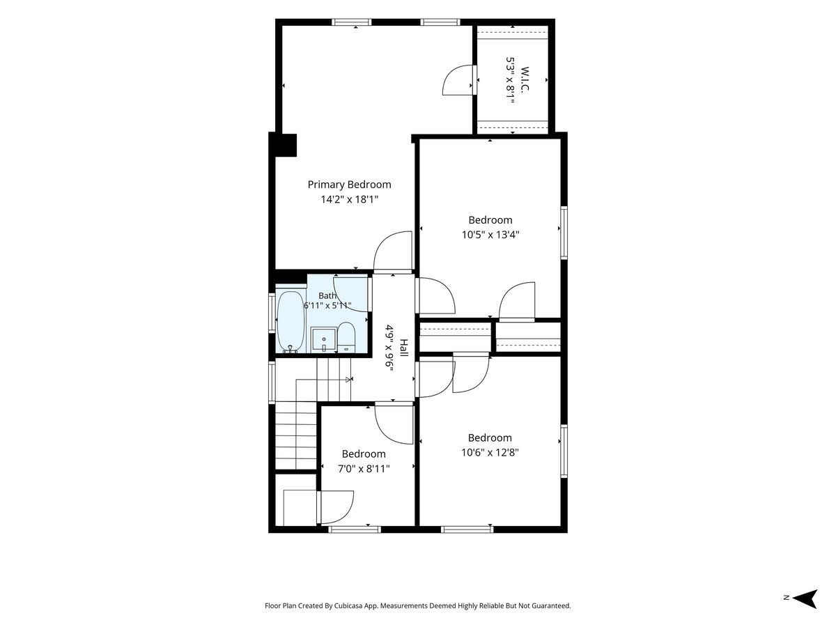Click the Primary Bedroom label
(x=349, y=185)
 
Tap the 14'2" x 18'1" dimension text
(x=349, y=199)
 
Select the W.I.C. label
(x=525, y=79)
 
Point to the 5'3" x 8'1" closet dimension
(x=510, y=80)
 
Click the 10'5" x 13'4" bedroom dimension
(x=490, y=235)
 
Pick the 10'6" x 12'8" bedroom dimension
(x=490, y=452)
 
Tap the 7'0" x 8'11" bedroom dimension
(x=364, y=468)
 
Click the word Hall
(x=403, y=348)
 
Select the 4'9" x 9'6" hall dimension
(x=389, y=348)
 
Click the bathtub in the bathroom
(x=291, y=322)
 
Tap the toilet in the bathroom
(x=346, y=337)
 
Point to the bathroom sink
(x=324, y=339)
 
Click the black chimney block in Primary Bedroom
(x=283, y=145)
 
